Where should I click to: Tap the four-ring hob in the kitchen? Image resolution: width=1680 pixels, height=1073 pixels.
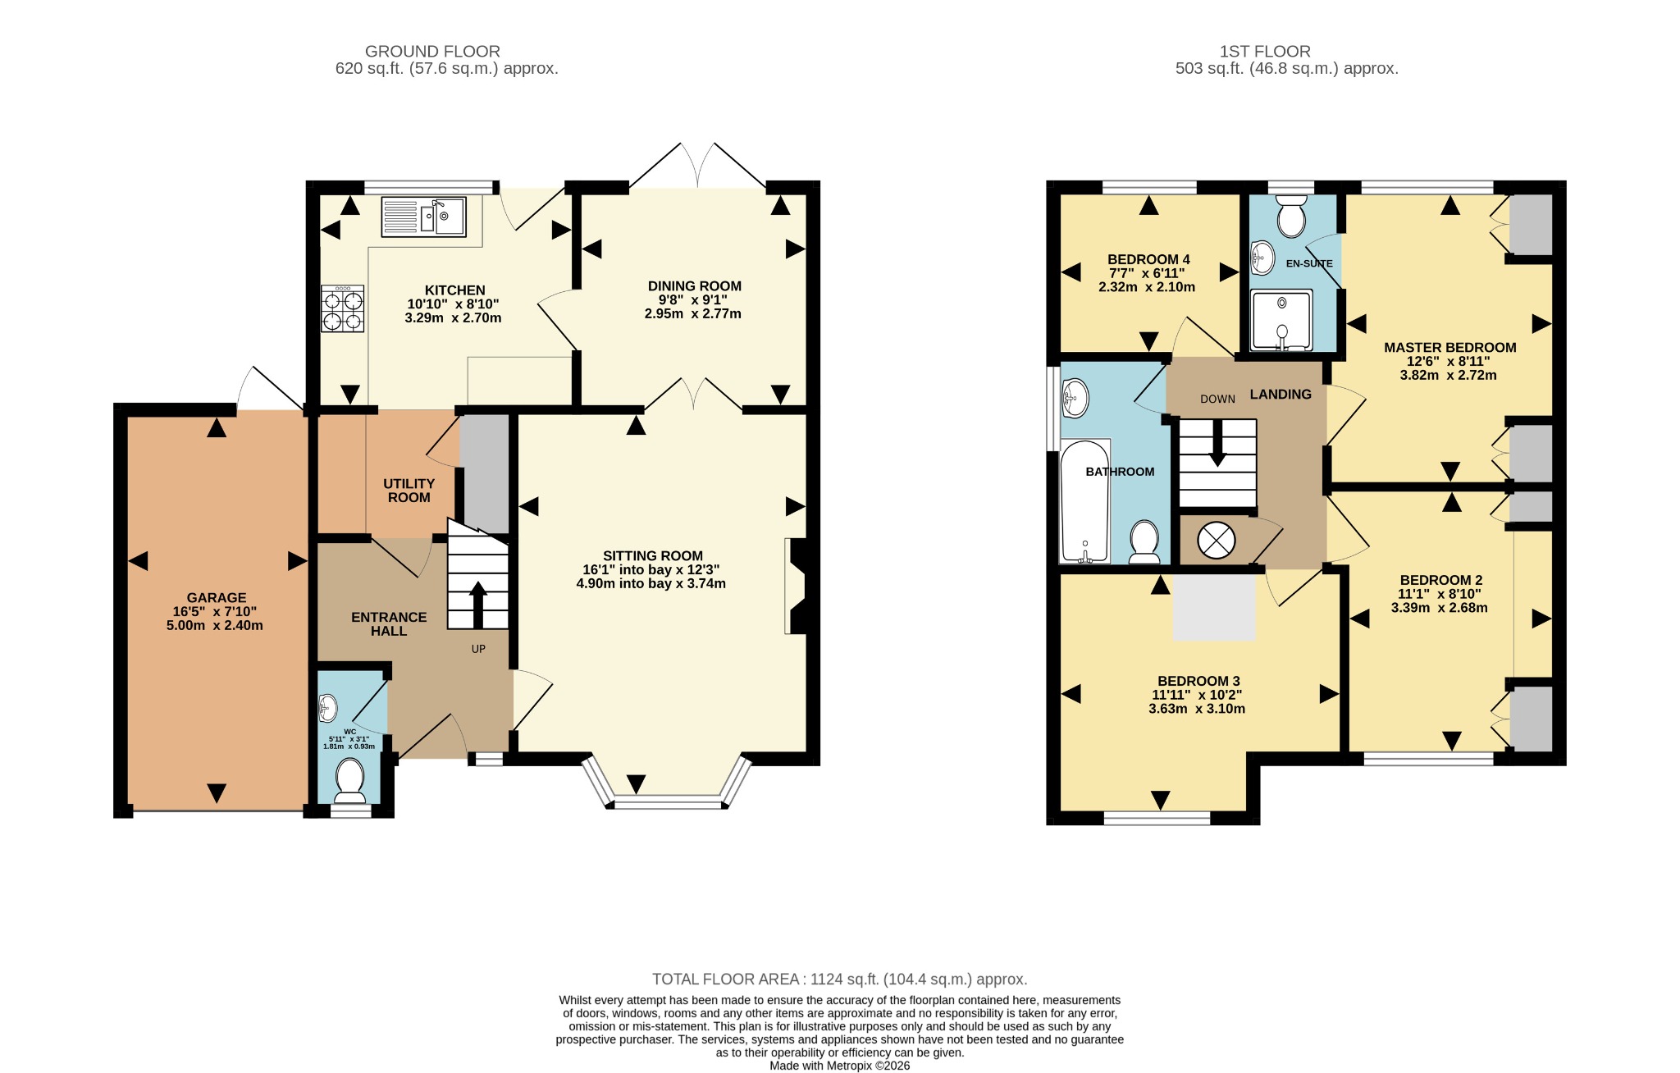(x=343, y=308)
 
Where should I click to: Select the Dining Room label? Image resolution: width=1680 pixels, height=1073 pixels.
(x=695, y=286)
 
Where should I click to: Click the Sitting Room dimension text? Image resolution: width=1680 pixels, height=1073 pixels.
(x=651, y=577)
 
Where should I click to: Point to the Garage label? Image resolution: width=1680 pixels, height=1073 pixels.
(x=217, y=598)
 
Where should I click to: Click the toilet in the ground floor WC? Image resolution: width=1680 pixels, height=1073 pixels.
(x=350, y=780)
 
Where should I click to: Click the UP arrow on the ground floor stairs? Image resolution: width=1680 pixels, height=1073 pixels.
(x=477, y=605)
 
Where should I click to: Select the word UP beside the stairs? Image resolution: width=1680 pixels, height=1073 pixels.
(x=478, y=649)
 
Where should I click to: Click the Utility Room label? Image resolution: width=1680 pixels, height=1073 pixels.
(x=409, y=491)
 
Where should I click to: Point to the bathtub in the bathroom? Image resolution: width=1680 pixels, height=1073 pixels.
(x=1085, y=501)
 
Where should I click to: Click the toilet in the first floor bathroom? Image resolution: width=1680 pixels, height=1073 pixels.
(x=1144, y=543)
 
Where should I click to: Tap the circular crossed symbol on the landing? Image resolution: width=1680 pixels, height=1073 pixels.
(x=1217, y=540)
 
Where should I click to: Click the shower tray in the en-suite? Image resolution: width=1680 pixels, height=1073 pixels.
(x=1282, y=321)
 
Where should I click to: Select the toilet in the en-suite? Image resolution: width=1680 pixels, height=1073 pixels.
(x=1292, y=215)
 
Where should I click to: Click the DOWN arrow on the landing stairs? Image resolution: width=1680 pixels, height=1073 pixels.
(x=1217, y=444)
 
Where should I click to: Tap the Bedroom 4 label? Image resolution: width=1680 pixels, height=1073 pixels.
(x=1148, y=259)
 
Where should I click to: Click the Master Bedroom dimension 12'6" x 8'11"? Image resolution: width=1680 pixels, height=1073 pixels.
(x=1449, y=362)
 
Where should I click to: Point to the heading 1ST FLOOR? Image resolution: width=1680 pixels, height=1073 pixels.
(x=1265, y=51)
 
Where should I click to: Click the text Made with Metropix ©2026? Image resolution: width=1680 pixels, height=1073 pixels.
(x=840, y=1066)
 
